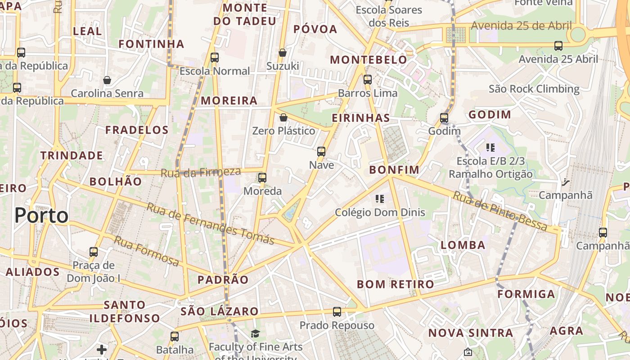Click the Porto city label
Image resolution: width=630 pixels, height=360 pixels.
(41, 216)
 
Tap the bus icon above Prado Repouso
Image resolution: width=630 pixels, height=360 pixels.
(337, 311)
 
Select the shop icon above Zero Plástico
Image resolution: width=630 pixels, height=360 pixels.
(283, 117)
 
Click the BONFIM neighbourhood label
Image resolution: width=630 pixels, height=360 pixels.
(394, 170)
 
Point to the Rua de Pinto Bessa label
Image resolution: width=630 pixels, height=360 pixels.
(500, 211)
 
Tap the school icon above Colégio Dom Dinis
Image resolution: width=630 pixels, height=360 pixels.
(379, 198)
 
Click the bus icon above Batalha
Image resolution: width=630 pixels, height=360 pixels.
(175, 336)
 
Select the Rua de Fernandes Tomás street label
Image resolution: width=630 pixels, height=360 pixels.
(211, 224)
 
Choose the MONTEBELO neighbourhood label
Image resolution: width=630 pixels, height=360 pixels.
(369, 60)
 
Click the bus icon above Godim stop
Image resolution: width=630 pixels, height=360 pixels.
(444, 118)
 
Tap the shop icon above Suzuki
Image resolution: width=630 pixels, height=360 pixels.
(283, 53)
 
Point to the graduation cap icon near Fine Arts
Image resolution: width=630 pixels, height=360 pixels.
(256, 333)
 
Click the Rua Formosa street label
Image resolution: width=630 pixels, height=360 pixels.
(146, 251)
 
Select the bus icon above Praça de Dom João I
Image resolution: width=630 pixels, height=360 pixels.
(94, 252)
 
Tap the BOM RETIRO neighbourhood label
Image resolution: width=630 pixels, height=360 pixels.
(395, 284)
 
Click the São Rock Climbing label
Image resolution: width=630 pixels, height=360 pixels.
(534, 89)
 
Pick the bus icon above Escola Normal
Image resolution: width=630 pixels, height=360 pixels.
(215, 58)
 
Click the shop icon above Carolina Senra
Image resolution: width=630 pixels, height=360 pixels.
(107, 80)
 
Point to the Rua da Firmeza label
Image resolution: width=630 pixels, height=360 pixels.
(201, 172)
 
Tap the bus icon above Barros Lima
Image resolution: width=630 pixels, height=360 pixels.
(368, 80)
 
